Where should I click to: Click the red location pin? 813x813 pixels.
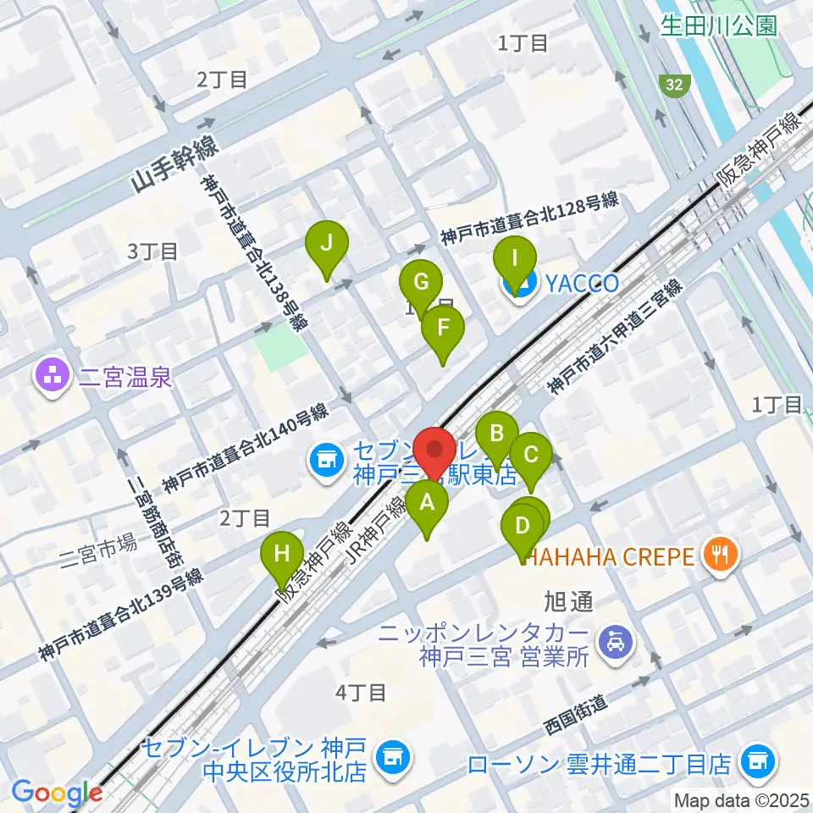(x=437, y=452)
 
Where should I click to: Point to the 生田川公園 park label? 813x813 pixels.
(x=719, y=25)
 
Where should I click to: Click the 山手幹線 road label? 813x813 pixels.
(x=177, y=169)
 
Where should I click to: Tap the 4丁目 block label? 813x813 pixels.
(x=361, y=693)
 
